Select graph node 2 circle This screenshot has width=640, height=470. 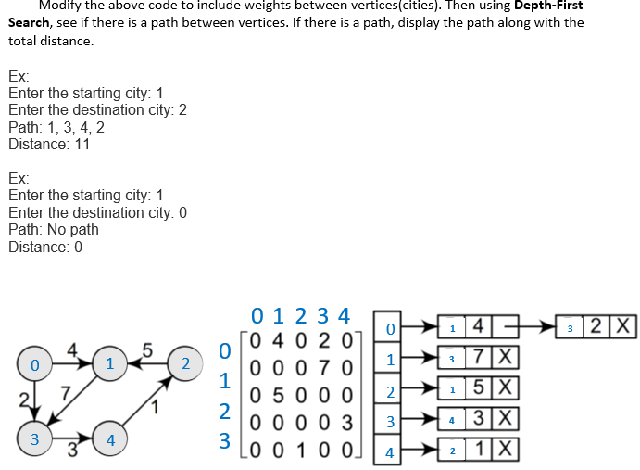[x=186, y=362]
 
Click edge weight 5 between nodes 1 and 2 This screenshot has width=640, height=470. [x=146, y=349]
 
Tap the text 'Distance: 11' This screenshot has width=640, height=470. [x=49, y=144]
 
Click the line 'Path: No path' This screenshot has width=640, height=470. [x=53, y=229]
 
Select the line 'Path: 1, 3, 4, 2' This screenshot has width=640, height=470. [x=56, y=127]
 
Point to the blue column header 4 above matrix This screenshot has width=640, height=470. [x=344, y=314]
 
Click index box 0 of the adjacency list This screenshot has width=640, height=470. [x=390, y=329]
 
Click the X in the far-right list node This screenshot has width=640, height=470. [x=626, y=326]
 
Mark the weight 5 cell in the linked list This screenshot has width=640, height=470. [x=478, y=388]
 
